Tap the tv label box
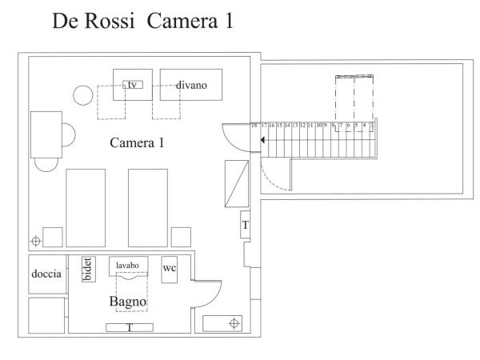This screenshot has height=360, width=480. pyautogui.click(x=131, y=84)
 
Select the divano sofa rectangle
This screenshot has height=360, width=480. pyautogui.click(x=190, y=84)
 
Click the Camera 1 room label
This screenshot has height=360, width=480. pyautogui.click(x=137, y=143)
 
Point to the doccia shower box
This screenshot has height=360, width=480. pyautogui.click(x=46, y=274)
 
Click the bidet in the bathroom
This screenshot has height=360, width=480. pyautogui.click(x=88, y=269)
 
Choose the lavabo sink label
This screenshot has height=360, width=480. pyautogui.click(x=128, y=266)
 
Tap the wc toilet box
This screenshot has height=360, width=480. pyautogui.click(x=170, y=268)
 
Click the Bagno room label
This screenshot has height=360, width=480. pyautogui.click(x=127, y=302)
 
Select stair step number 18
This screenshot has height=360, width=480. pyautogui.click(x=254, y=126)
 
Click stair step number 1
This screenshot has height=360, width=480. pyautogui.click(x=372, y=126)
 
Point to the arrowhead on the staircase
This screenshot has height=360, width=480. pyautogui.click(x=262, y=138)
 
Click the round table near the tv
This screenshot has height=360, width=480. pyautogui.click(x=84, y=96)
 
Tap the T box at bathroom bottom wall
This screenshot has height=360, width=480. pyautogui.click(x=128, y=326)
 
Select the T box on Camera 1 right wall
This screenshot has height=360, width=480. pyautogui.click(x=245, y=226)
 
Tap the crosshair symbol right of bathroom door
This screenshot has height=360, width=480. pyautogui.click(x=234, y=323)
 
